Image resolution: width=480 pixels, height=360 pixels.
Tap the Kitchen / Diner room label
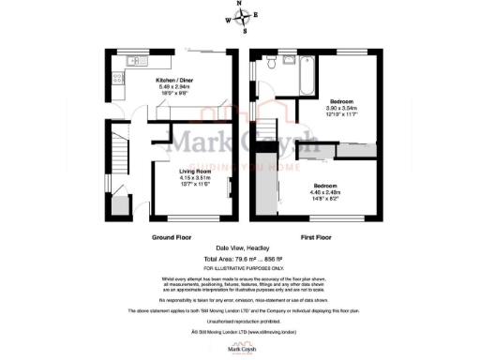[174, 81]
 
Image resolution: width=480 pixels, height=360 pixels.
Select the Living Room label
[198, 172]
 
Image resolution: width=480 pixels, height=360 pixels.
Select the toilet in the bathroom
[271, 64]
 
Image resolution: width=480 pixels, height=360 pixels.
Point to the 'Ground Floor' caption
[172, 238]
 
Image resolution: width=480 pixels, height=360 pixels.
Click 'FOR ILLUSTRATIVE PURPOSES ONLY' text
[240, 267]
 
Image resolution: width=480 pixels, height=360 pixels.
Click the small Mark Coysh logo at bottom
[240, 348]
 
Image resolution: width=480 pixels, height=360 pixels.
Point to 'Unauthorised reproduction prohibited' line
[240, 323]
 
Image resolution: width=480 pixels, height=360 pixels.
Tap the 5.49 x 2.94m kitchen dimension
[174, 87]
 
